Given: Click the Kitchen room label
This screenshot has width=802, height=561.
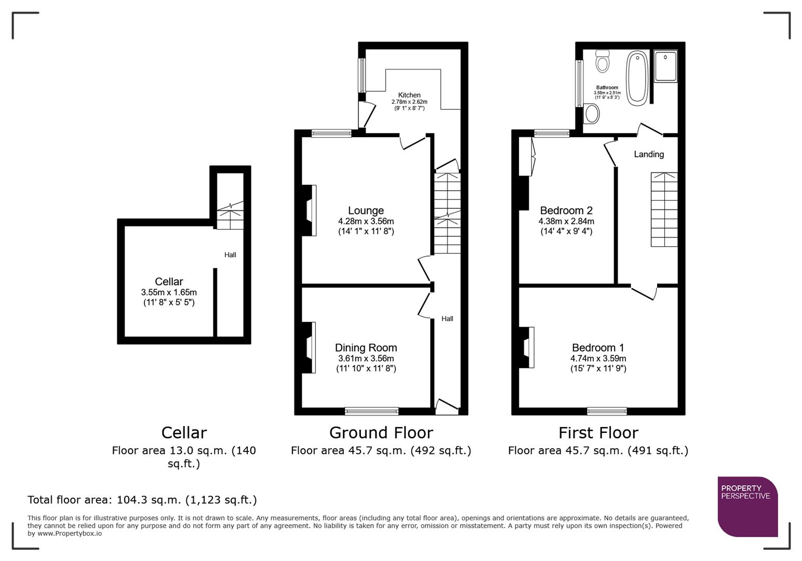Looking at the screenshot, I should click(409, 95).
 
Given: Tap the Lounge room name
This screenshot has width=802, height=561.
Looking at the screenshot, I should click(366, 210).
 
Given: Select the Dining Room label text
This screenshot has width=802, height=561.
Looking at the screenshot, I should click(366, 348).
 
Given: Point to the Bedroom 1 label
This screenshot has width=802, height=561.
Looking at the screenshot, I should click(598, 348).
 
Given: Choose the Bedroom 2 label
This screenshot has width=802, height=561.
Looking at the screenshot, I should click(566, 210).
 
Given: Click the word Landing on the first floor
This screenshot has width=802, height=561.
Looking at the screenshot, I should click(648, 154).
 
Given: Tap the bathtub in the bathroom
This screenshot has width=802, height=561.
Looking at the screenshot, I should click(637, 78).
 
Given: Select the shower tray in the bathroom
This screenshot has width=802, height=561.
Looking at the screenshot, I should click(665, 66).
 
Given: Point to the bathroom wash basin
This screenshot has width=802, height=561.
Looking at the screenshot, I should click(591, 113).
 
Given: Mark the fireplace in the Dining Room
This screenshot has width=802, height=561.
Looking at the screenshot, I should click(310, 348).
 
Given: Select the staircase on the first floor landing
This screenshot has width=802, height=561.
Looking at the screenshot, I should click(664, 209).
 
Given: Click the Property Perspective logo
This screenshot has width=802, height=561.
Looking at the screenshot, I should click(747, 506).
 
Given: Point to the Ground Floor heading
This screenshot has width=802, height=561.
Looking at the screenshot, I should click(381, 433).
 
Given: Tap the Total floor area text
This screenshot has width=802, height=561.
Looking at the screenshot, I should click(142, 500).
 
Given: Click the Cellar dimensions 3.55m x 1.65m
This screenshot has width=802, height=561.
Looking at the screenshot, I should click(169, 292).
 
